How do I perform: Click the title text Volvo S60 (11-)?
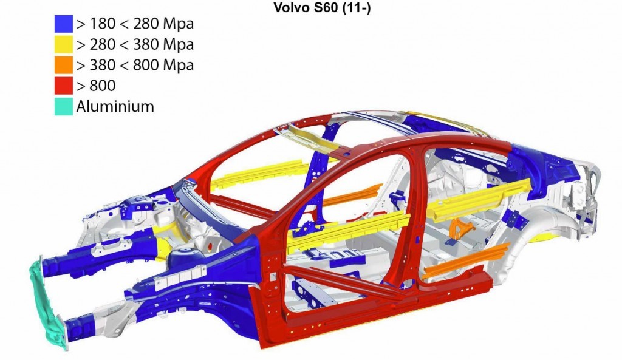pyautogui.click(x=322, y=7)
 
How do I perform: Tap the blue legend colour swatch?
pyautogui.click(x=63, y=24)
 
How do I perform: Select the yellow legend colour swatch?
pyautogui.click(x=63, y=44)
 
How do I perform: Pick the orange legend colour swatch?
pyautogui.click(x=63, y=65)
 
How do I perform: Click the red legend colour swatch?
pyautogui.click(x=63, y=86)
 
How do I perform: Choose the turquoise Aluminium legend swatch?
pyautogui.click(x=63, y=106)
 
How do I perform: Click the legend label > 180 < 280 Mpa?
pyautogui.click(x=135, y=24)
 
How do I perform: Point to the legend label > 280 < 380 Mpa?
pyautogui.click(x=135, y=44)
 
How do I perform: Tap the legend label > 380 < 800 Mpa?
pyautogui.click(x=135, y=65)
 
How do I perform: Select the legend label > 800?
pyautogui.click(x=96, y=86)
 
